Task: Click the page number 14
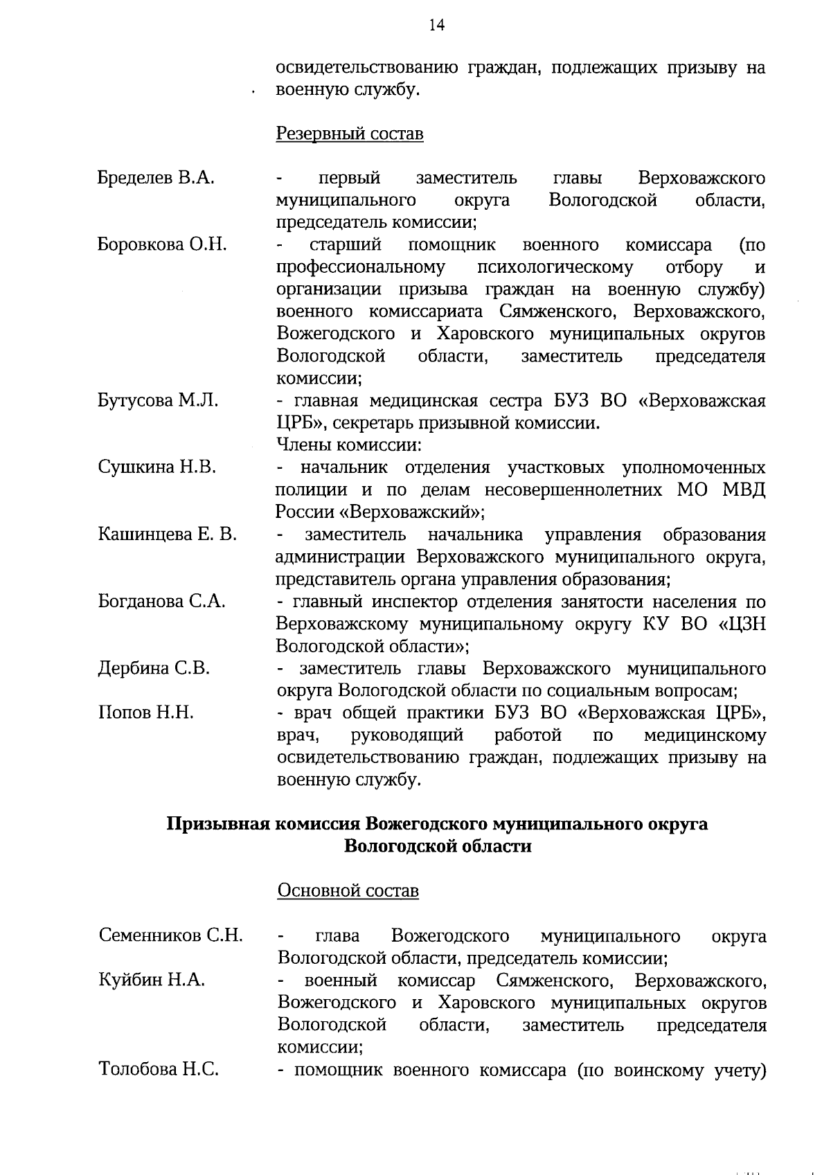tap(436, 26)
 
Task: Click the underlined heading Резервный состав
tap(350, 133)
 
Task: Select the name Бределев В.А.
tap(156, 178)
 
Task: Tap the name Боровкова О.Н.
tap(162, 244)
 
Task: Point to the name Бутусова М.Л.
tap(158, 400)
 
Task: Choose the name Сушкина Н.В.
tap(157, 467)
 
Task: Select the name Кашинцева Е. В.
tap(167, 534)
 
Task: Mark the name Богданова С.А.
tap(162, 601)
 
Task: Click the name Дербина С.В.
tap(154, 668)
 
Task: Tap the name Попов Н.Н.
tap(145, 712)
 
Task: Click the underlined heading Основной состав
tap(348, 890)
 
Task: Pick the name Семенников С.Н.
tap(170, 935)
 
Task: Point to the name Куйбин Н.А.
tap(152, 980)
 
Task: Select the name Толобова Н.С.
tap(159, 1069)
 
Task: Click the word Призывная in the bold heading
tap(216, 824)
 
